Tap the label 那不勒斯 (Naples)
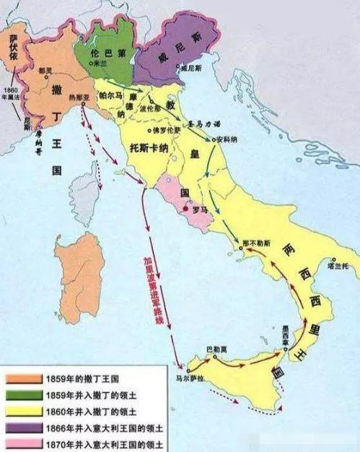[258, 237]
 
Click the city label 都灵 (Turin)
[45, 71]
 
